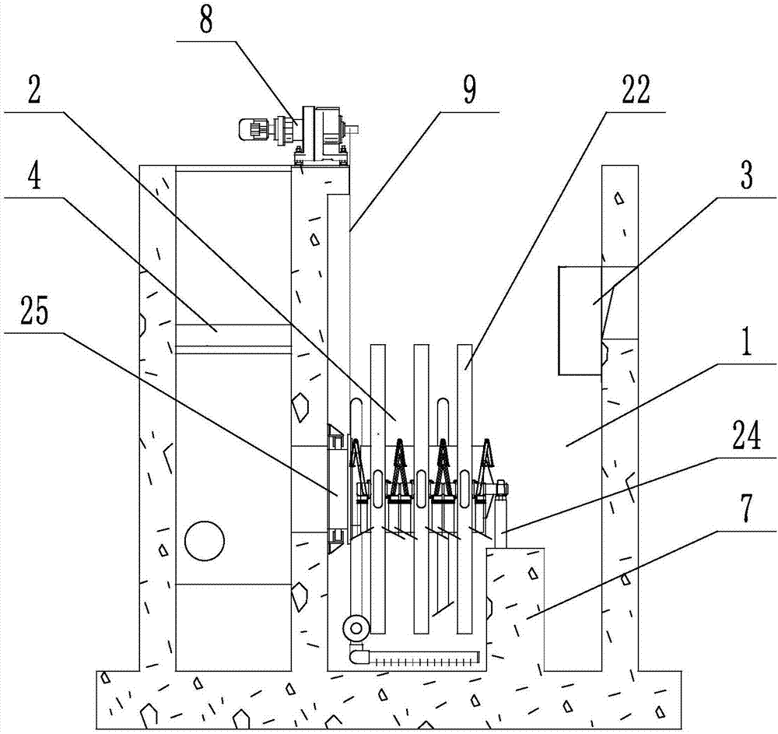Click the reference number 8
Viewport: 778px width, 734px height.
pyautogui.click(x=206, y=21)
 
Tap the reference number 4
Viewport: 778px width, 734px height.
pyautogui.click(x=33, y=174)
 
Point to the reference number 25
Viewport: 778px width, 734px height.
pyautogui.click(x=35, y=310)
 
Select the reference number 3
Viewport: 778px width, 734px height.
pyautogui.click(x=746, y=174)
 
